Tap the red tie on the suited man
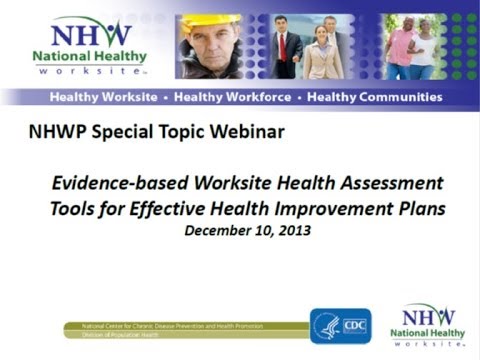point(283,45)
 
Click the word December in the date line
point(218,228)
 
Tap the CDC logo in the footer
point(341,326)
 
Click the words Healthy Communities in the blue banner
point(374,97)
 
